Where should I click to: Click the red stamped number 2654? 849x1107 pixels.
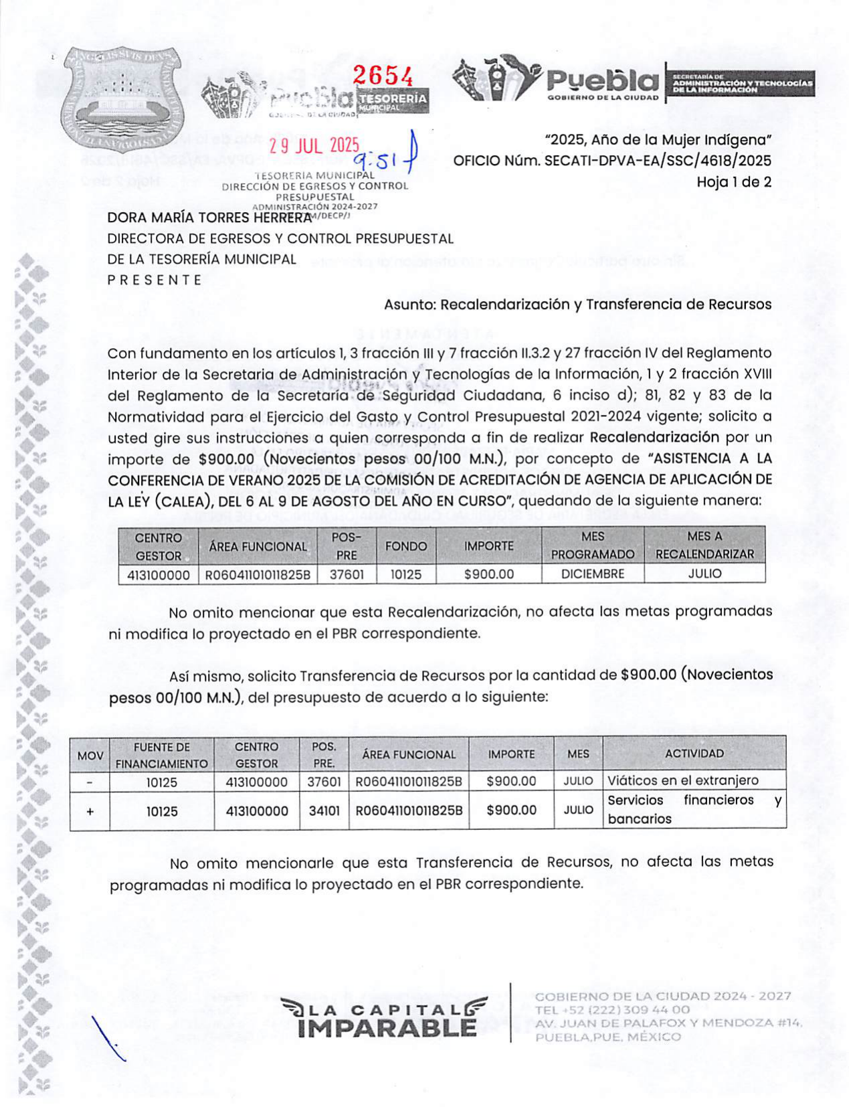[383, 76]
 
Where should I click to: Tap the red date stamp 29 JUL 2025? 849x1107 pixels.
[314, 146]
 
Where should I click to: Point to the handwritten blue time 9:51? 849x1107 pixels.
[377, 160]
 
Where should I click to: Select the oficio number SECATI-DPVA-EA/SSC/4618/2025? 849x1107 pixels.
[657, 161]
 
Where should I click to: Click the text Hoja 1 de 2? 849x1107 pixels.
[733, 181]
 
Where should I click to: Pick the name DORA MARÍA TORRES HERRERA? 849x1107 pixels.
[209, 218]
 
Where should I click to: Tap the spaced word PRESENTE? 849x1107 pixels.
[155, 280]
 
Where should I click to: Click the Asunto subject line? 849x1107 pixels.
[577, 305]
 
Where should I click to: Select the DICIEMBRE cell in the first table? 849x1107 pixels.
[592, 574]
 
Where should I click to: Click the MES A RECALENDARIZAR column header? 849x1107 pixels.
[704, 545]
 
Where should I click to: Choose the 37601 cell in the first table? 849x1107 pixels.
[347, 574]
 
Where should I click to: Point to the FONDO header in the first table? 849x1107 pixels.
[405, 546]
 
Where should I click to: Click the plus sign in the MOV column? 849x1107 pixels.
[90, 811]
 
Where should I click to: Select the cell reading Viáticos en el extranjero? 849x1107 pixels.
[682, 780]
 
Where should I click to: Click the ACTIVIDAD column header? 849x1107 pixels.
[694, 754]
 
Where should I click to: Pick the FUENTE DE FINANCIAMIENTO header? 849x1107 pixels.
[161, 755]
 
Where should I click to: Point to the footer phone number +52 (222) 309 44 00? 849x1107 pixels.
[612, 1010]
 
